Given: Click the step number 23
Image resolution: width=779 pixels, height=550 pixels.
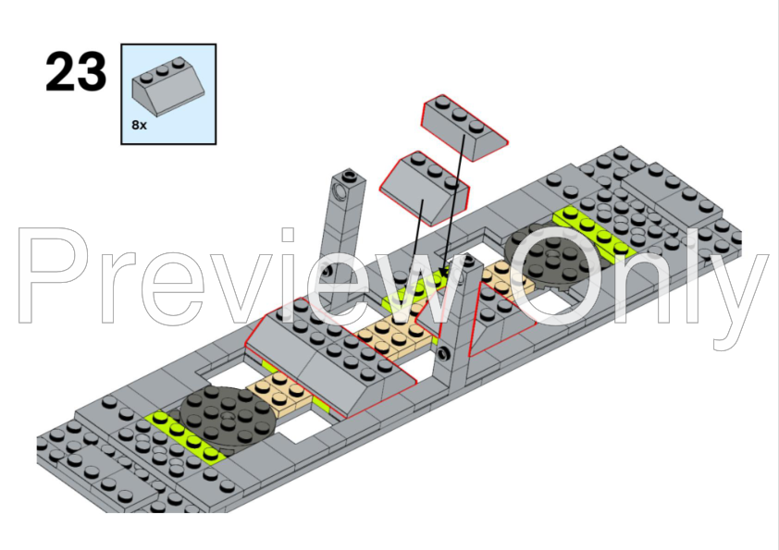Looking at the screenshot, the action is click(76, 72).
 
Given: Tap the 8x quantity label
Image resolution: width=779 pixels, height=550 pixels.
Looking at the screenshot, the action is click(139, 125).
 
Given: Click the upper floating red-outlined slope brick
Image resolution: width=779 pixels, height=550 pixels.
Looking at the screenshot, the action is click(464, 127).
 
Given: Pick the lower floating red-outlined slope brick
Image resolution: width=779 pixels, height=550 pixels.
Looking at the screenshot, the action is click(424, 189).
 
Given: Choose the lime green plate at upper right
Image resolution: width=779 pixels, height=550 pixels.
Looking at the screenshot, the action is click(595, 232).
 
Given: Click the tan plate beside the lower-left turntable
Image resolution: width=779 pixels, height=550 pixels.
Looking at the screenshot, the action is click(279, 392).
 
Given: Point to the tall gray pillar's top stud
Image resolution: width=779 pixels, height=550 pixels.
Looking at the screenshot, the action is click(350, 175).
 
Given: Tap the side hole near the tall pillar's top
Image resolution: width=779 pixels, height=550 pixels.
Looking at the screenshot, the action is click(340, 190).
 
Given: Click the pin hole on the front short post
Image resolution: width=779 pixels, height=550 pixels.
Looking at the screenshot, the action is click(442, 353).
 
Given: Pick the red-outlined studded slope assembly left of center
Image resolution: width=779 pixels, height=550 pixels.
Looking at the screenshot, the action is click(330, 358).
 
